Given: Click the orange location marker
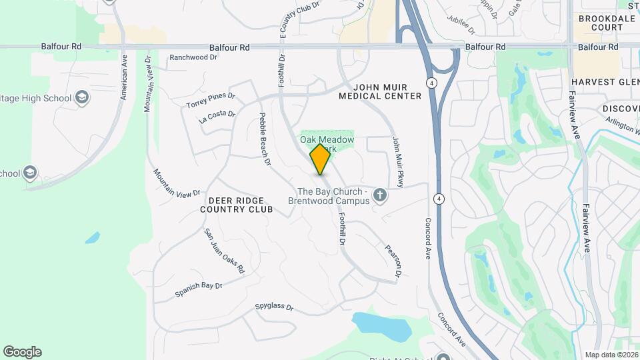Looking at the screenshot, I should [x=320, y=159].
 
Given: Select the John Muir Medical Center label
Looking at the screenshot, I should [x=380, y=91].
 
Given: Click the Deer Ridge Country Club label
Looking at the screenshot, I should [x=237, y=205].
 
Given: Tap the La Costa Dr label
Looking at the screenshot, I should [x=217, y=117].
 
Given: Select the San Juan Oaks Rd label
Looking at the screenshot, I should [x=225, y=251].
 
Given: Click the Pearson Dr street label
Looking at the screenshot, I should [x=393, y=261].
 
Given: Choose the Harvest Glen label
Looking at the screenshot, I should [x=604, y=82].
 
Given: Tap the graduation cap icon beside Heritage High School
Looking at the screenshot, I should [x=82, y=98].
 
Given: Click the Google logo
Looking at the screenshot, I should [x=22, y=352].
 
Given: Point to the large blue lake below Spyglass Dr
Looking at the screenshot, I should [x=381, y=325].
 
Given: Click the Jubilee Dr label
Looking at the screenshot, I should [x=461, y=26].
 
